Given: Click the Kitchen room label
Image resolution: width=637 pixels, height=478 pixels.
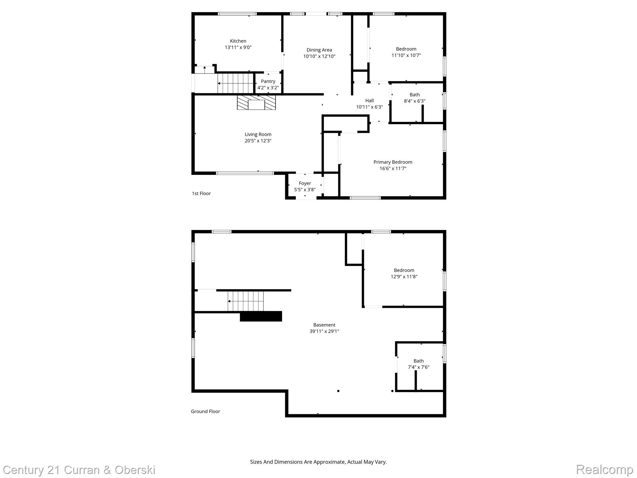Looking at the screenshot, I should [x=238, y=41].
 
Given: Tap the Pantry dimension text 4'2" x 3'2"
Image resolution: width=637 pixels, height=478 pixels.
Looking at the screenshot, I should [x=268, y=88].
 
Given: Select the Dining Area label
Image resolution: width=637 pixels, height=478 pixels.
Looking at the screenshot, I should [x=319, y=50].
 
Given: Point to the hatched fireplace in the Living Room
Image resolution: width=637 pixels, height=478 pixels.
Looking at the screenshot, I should [x=256, y=102].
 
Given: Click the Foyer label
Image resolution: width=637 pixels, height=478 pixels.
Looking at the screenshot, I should [x=305, y=183].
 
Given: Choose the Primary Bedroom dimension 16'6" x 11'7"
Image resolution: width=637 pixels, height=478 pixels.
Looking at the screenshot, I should [x=393, y=169].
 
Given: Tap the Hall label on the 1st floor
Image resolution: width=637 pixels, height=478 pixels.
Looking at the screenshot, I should [x=369, y=101].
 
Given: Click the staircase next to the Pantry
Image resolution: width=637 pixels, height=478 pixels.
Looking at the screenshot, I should [x=236, y=83].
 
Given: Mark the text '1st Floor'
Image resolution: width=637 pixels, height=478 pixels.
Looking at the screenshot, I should [x=201, y=194].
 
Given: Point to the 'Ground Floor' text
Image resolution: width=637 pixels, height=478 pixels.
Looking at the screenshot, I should [x=205, y=411].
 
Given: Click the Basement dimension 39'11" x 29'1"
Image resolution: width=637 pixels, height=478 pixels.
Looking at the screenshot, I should [x=324, y=331].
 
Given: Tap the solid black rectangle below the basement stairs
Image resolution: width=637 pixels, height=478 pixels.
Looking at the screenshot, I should [x=261, y=316].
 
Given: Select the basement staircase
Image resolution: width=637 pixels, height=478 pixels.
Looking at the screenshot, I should [x=245, y=301].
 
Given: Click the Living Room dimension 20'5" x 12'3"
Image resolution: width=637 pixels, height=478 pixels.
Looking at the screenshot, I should [x=258, y=141].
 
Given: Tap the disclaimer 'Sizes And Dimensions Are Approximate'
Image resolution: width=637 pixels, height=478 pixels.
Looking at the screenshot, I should [x=318, y=462].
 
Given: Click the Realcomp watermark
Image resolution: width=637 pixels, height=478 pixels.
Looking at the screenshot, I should [x=604, y=469].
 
